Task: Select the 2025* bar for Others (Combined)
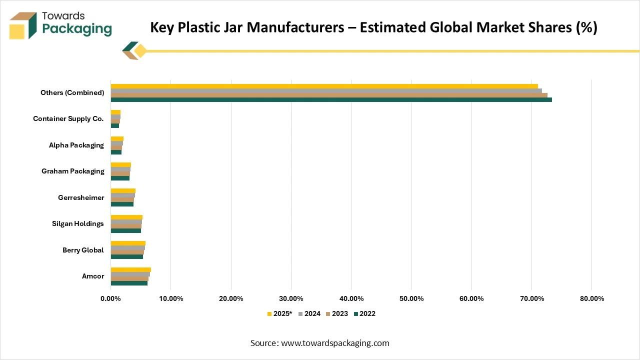tap(324, 86)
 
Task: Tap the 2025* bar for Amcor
tap(130, 269)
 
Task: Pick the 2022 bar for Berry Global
tap(126, 256)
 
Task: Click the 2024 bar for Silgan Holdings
tap(126, 221)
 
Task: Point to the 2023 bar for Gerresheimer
tap(122, 199)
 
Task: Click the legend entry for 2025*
tap(279, 313)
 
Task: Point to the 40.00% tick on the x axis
tap(351, 298)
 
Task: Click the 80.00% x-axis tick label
tap(591, 298)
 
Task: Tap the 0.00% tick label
tap(111, 298)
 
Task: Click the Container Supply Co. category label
tap(68, 119)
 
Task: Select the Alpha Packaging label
tap(76, 145)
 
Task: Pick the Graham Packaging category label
tap(73, 171)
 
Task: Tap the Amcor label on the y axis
tap(93, 276)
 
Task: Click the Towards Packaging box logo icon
tap(22, 25)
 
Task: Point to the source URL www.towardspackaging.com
tap(335, 343)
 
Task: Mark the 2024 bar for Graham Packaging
tap(120, 169)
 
